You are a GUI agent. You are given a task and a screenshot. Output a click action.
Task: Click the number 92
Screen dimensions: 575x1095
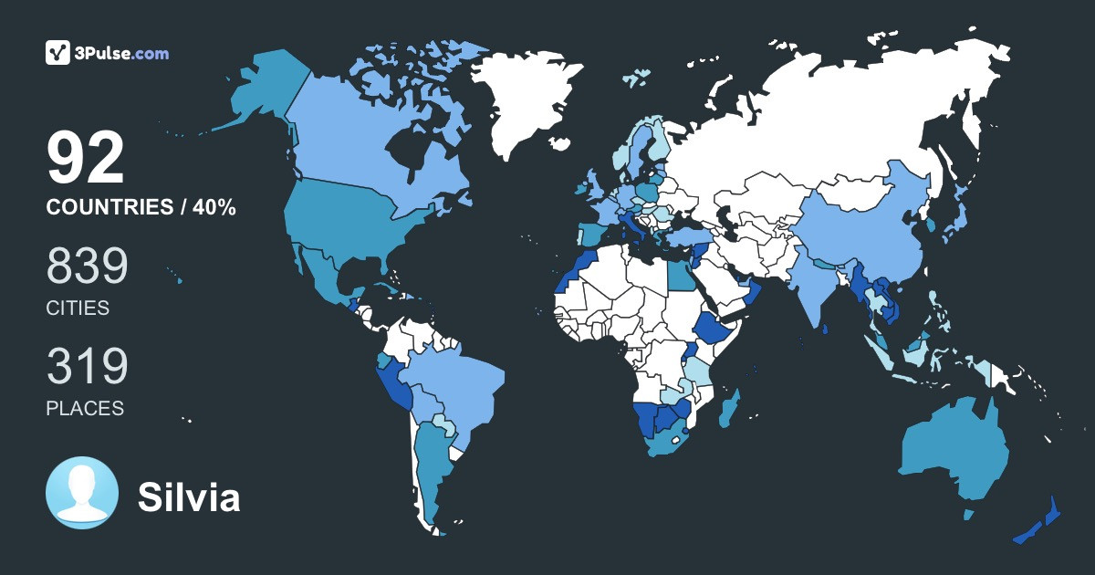pos(86,159)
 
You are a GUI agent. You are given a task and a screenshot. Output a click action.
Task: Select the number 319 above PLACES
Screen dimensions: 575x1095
pos(88,367)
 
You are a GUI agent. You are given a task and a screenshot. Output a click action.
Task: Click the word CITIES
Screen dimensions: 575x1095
pos(78,308)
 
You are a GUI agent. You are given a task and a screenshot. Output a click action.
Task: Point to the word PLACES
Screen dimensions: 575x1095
pos(85,409)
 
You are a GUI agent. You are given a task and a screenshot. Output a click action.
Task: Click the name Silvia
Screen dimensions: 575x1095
pos(189,498)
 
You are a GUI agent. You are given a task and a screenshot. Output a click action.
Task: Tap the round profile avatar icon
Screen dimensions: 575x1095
pos(82,493)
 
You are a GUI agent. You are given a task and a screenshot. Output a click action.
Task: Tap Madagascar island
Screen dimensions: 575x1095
pos(730,408)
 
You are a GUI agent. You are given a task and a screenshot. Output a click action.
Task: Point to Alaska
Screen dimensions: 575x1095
pos(269,91)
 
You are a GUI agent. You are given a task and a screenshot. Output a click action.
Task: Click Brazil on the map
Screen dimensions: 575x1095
pos(456,383)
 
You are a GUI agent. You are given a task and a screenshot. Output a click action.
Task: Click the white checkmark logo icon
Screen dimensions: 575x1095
pos(58,53)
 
